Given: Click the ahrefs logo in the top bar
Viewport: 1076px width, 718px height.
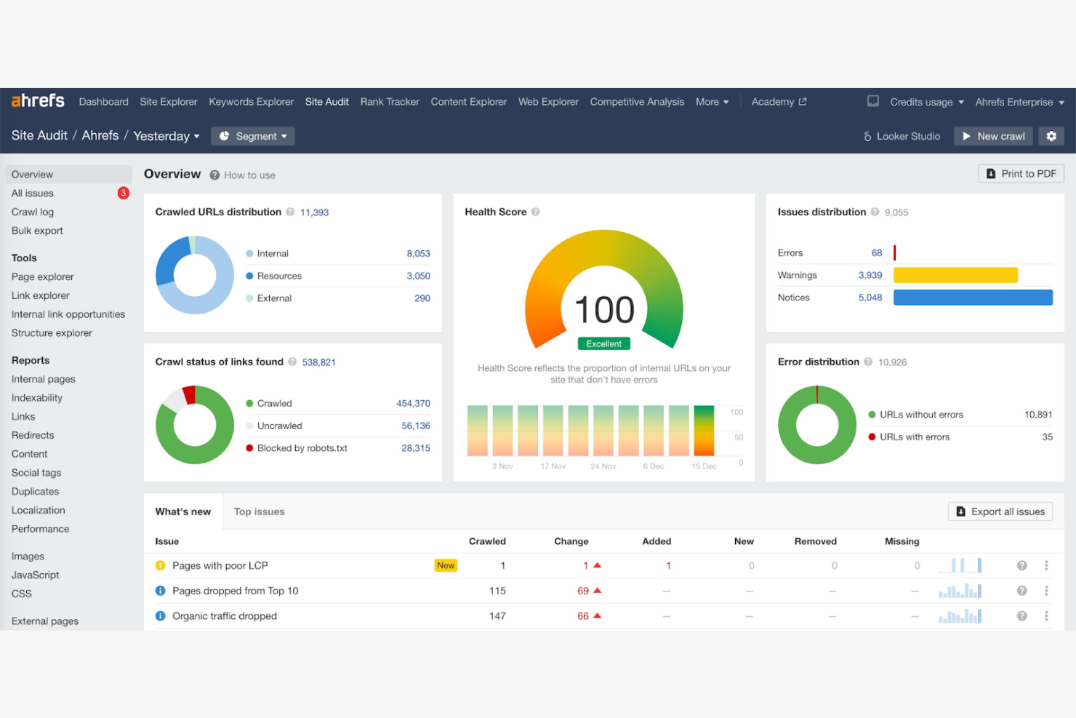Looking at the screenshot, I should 38,101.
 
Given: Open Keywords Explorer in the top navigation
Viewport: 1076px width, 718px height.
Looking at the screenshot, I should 251,102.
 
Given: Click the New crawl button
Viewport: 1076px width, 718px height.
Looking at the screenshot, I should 993,136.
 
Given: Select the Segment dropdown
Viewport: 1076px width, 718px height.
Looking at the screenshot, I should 253,136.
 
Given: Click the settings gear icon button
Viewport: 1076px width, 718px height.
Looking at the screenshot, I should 1051,136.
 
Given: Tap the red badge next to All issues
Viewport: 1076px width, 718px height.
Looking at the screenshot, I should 124,193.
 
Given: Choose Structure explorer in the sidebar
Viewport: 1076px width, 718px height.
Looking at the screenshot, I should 52,333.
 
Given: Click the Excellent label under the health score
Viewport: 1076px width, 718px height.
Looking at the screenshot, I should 603,343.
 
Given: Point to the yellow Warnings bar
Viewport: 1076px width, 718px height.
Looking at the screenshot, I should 955,275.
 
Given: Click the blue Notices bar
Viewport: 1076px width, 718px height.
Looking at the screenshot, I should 972,298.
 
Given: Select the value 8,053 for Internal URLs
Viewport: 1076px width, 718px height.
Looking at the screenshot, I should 418,254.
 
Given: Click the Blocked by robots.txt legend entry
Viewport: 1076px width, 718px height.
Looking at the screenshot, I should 302,448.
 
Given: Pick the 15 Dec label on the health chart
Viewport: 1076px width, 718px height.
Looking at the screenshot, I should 703,466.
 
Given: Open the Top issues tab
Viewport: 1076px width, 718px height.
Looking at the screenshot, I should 259,512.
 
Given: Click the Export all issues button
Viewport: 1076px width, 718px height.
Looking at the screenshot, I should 1000,512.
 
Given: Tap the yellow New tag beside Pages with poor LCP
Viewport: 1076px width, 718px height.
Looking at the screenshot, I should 446,565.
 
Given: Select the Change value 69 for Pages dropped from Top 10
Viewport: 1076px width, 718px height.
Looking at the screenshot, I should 583,591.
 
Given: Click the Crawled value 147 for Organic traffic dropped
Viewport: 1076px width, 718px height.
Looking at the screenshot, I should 497,616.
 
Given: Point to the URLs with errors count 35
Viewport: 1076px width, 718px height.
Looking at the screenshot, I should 1047,437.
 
